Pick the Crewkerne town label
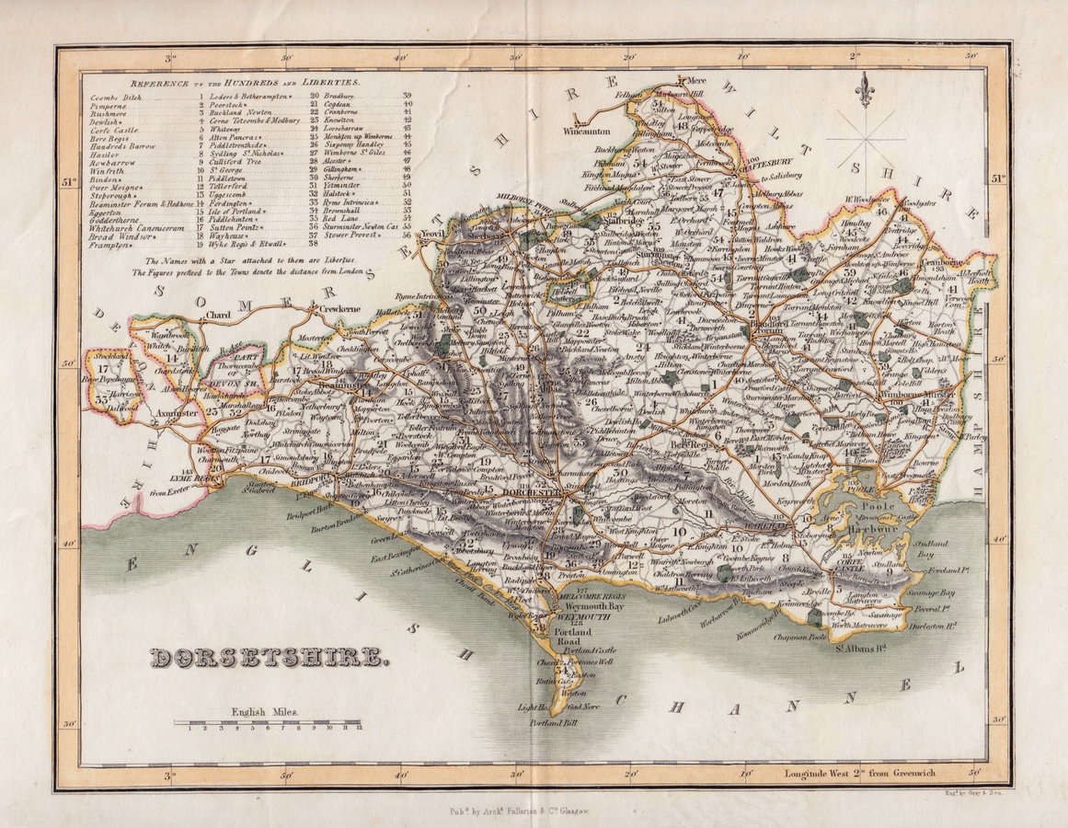(338, 310)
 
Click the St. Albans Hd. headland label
(862, 655)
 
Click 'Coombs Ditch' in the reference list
(114, 97)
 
